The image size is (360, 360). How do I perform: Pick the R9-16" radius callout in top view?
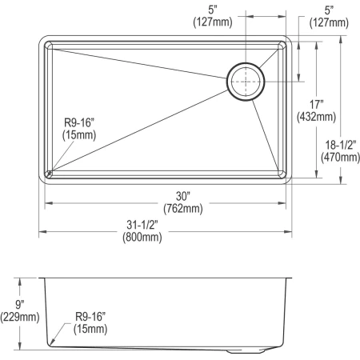[x=82, y=123]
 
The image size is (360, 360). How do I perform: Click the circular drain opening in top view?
[x=245, y=82]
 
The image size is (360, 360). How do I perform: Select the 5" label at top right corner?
[x=328, y=10]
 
